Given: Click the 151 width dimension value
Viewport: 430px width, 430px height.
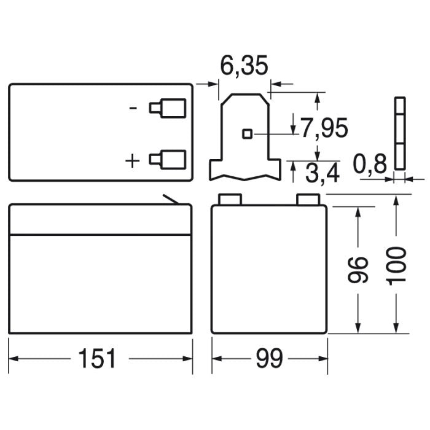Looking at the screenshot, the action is (97, 358).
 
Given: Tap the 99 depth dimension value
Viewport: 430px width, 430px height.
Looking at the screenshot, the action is (269, 358).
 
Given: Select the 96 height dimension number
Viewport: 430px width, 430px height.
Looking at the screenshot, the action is (358, 270).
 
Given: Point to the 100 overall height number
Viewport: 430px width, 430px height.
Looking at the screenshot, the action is (396, 266).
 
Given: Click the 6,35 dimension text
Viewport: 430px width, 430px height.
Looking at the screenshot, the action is (244, 66).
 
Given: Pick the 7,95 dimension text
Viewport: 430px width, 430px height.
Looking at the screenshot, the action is (324, 128).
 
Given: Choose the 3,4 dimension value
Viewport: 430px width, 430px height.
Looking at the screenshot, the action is (322, 173).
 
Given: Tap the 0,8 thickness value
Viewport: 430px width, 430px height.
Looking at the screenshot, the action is (370, 164).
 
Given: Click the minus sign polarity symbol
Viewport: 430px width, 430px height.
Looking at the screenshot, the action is (133, 108).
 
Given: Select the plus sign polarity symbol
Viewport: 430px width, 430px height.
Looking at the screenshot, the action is (132, 161).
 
